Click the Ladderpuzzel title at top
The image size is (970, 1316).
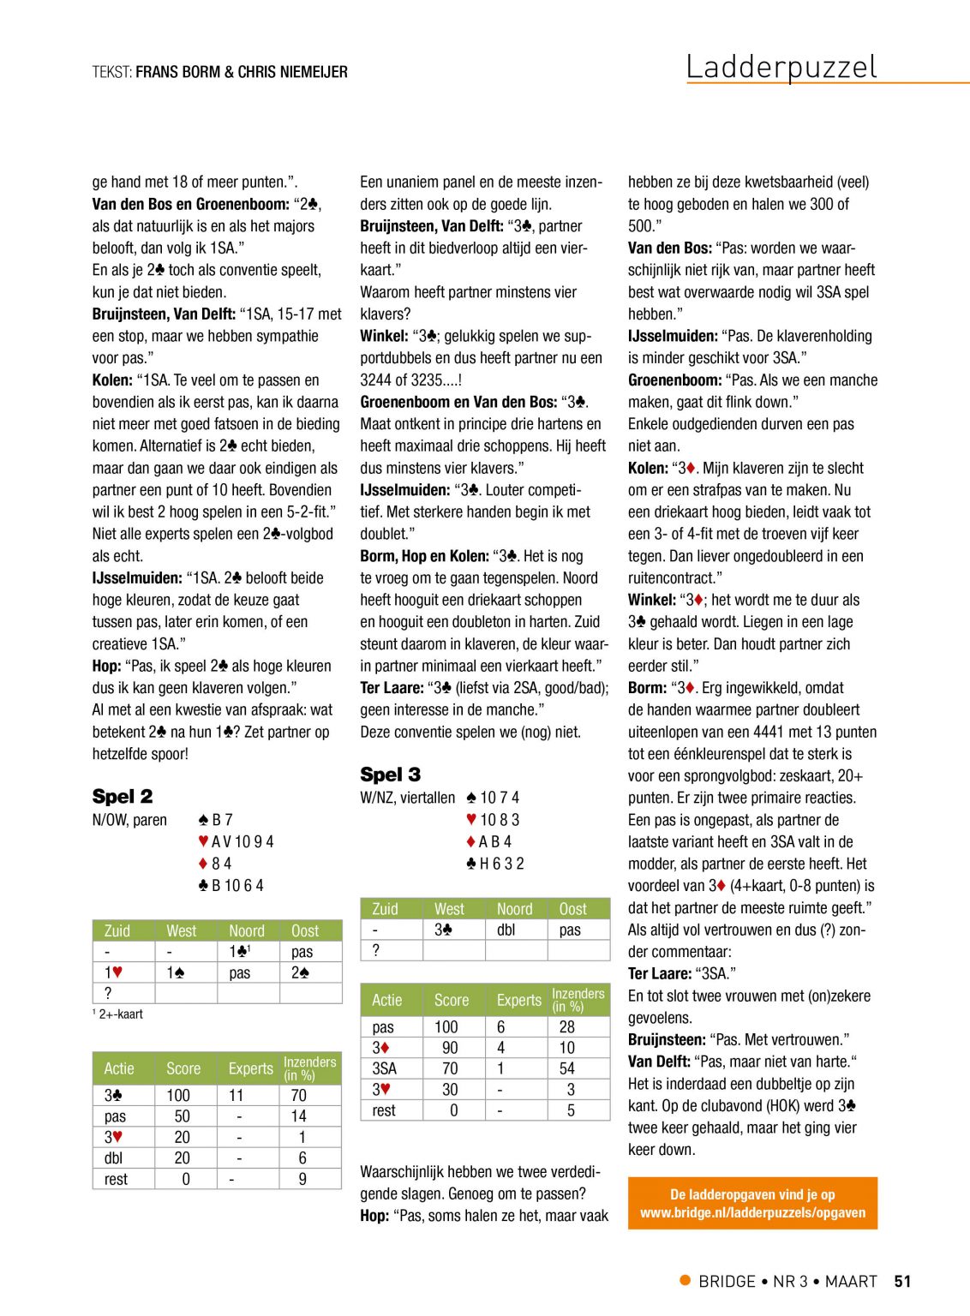pyautogui.click(x=781, y=67)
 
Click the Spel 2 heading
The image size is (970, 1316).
pyautogui.click(x=123, y=796)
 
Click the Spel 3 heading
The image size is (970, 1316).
pyautogui.click(x=390, y=775)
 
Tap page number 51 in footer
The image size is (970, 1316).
pyautogui.click(x=902, y=1281)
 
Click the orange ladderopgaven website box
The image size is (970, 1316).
pyautogui.click(x=752, y=1203)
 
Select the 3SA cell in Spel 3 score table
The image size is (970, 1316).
pyautogui.click(x=384, y=1068)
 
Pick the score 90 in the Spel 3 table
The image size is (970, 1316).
pyautogui.click(x=450, y=1048)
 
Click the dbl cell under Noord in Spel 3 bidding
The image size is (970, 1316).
pyautogui.click(x=506, y=930)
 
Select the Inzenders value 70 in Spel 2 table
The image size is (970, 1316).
pyautogui.click(x=298, y=1095)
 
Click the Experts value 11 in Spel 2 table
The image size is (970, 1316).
pyautogui.click(x=236, y=1095)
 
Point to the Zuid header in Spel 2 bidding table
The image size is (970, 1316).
pyautogui.click(x=117, y=930)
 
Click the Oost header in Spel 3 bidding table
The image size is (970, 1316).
pyautogui.click(x=572, y=909)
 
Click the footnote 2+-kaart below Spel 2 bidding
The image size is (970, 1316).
pyautogui.click(x=118, y=1014)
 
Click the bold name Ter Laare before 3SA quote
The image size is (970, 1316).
pyautogui.click(x=659, y=973)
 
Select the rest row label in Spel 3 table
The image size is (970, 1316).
pyautogui.click(x=384, y=1110)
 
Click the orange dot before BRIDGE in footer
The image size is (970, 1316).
pyautogui.click(x=685, y=1280)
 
